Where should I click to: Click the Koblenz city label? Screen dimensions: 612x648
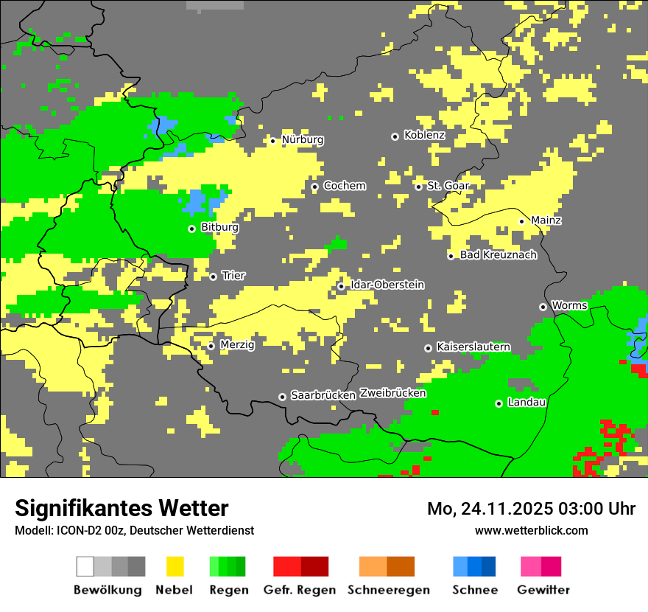tap(424, 136)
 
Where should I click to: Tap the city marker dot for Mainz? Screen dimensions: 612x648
tap(521, 221)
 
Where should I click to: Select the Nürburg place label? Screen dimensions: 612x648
tap(302, 140)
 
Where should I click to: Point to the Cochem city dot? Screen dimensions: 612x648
tap(314, 187)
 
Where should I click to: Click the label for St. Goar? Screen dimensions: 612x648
tap(448, 186)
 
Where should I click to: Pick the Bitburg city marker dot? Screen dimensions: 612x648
tap(191, 229)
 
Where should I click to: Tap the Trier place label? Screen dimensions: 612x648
tap(233, 276)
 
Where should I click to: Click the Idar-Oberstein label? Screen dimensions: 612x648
tap(387, 285)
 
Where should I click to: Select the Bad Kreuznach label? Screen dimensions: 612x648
tap(498, 255)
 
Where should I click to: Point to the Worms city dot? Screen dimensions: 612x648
tap(543, 307)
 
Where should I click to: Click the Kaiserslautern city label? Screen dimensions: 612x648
tap(473, 347)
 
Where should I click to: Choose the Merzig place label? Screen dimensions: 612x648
tap(237, 345)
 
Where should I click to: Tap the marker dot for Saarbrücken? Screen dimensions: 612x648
tap(282, 397)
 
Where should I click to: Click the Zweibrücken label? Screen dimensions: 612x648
tap(393, 394)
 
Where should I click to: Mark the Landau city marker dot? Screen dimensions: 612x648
tap(499, 403)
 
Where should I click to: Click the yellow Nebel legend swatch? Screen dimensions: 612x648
tap(175, 566)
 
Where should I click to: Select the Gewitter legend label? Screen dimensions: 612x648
tap(543, 590)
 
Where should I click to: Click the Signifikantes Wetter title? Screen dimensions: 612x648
tap(121, 508)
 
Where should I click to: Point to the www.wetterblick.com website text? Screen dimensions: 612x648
tap(531, 530)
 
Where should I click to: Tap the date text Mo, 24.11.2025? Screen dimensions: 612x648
tap(489, 509)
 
